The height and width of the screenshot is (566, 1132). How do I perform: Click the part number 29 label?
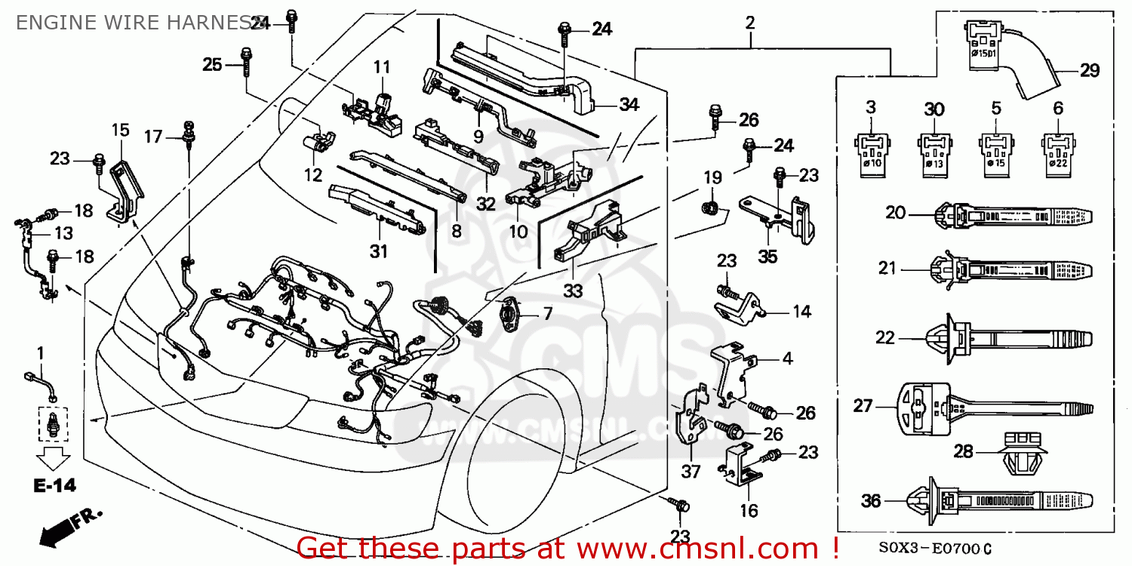pos(1089,71)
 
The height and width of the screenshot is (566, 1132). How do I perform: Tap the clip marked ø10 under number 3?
pos(871,152)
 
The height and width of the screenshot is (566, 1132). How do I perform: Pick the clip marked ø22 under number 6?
pos(1058,152)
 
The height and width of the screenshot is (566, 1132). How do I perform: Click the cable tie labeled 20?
pos(1011,215)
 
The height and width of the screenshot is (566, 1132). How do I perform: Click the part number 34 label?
pos(629,105)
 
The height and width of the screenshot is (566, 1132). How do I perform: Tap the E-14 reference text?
pos(54,486)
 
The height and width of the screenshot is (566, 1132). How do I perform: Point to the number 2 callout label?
pos(749,23)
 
